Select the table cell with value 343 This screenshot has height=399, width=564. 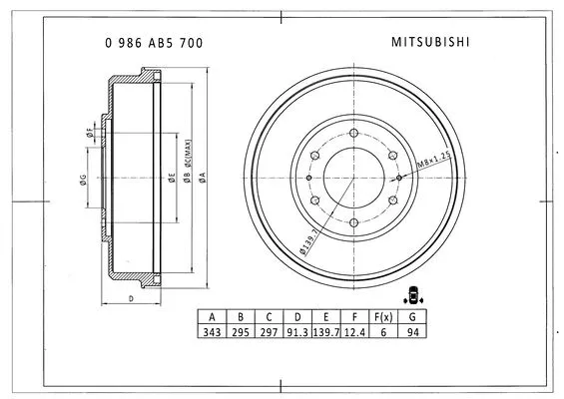tap(212, 331)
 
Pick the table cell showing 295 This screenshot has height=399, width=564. tap(240, 331)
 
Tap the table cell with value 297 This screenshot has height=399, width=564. tap(268, 331)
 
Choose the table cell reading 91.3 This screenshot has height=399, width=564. tap(295, 331)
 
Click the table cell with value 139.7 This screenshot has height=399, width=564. tap(326, 331)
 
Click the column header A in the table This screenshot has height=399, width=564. tap(212, 316)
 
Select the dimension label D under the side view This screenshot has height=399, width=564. tap(131, 298)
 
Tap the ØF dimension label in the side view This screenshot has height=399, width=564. tap(89, 131)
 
